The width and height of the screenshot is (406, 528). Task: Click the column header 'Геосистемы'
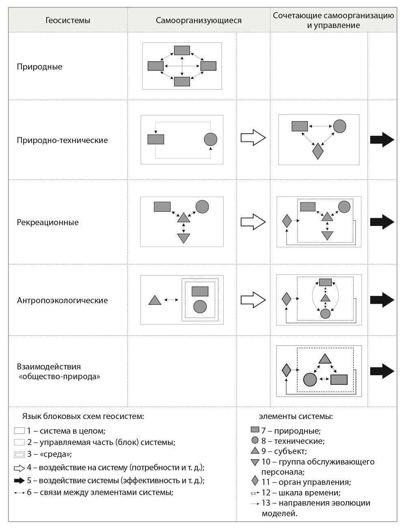(68, 20)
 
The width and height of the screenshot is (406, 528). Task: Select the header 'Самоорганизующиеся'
(199, 20)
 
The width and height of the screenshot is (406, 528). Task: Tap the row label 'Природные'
(39, 67)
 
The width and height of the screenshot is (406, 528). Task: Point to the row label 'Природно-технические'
(63, 140)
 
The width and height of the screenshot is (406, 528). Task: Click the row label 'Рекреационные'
(48, 222)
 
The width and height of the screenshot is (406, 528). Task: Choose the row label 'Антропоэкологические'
(63, 300)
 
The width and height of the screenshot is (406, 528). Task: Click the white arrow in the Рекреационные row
(253, 222)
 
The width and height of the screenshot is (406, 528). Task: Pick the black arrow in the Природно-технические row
(382, 140)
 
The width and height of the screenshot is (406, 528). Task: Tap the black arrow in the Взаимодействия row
(382, 371)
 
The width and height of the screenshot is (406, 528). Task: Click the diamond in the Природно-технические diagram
(317, 151)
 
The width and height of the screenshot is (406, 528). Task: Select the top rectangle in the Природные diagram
(182, 50)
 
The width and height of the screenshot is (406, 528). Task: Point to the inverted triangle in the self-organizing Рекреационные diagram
(184, 238)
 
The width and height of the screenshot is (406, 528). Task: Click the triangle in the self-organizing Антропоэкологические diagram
(155, 300)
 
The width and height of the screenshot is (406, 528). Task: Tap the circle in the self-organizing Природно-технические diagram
(210, 139)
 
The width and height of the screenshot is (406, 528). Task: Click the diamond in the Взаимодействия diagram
(286, 370)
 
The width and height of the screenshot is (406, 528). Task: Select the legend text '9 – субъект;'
(284, 451)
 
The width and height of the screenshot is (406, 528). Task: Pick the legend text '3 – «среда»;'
(50, 454)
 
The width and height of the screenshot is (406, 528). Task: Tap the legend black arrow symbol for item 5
(19, 480)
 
